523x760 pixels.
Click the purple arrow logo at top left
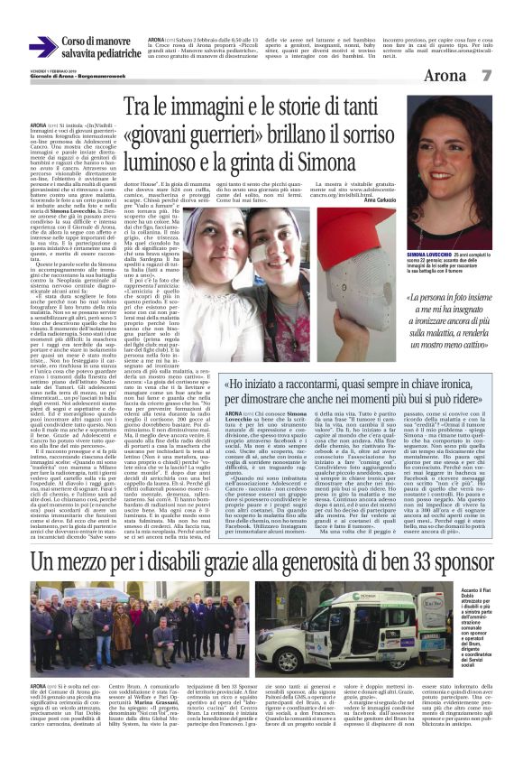pyautogui.click(x=42, y=48)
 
